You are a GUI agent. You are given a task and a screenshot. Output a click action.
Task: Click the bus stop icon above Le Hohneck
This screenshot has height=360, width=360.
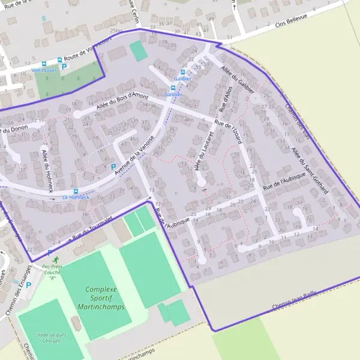point(76,190)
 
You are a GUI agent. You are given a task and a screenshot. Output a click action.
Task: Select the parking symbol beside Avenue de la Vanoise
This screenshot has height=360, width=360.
point(113,167)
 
